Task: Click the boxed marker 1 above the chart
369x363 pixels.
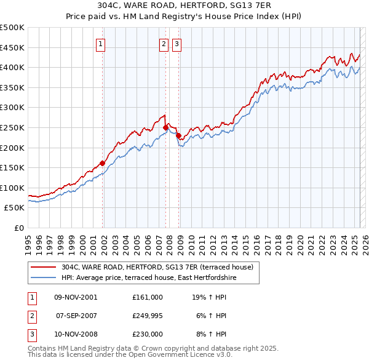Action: click(x=100, y=44)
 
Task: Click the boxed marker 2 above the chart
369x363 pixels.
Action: click(x=164, y=44)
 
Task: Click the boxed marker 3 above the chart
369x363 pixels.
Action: click(x=177, y=44)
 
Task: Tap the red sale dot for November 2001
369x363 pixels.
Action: click(x=102, y=163)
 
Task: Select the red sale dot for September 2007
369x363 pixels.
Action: click(x=166, y=127)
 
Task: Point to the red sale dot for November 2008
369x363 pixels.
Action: click(x=178, y=135)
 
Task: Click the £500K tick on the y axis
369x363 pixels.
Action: click(x=12, y=28)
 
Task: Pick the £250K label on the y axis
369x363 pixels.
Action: click(x=12, y=127)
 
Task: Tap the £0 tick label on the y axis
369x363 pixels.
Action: click(x=20, y=228)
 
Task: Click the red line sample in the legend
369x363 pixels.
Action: click(x=43, y=267)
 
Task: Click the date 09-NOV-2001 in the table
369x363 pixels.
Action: click(x=76, y=297)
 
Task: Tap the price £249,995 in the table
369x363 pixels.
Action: click(x=148, y=316)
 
